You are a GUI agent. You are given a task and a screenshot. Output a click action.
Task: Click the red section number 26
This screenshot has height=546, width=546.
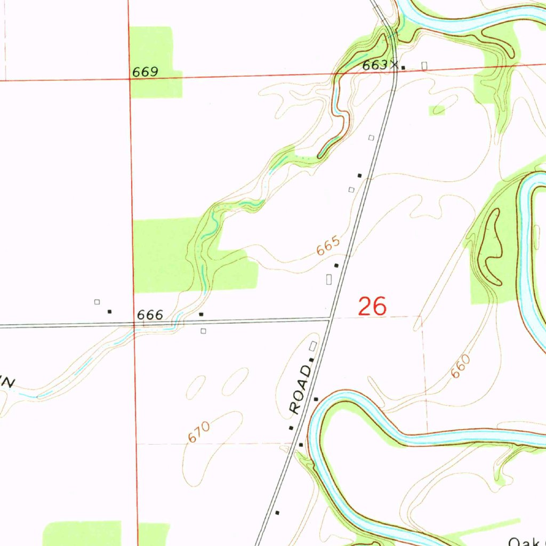372,307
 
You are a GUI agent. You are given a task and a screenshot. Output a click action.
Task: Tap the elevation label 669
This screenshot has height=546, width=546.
145,72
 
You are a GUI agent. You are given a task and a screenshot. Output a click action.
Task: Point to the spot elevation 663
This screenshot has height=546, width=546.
374,65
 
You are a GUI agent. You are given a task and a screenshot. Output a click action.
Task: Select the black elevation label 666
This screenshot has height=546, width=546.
150,315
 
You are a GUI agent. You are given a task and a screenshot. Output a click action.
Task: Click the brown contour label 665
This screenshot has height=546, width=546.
328,247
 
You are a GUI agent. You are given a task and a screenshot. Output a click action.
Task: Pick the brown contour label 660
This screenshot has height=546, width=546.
461,367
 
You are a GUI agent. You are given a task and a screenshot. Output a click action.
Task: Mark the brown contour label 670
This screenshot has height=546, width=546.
199,431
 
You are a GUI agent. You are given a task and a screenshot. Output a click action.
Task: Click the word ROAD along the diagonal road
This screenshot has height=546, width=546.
301,389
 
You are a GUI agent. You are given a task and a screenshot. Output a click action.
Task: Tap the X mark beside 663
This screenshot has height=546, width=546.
394,65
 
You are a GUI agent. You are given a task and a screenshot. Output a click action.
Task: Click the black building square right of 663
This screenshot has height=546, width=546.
403,68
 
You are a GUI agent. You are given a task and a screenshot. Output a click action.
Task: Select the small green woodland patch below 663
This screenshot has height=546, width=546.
437,110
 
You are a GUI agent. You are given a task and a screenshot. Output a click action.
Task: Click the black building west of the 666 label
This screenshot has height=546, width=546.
110,311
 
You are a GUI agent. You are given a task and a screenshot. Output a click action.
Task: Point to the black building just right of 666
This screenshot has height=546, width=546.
201,315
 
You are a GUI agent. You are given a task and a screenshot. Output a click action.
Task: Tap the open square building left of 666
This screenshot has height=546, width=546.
97,302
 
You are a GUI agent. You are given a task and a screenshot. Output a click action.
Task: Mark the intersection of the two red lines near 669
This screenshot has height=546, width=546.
130,79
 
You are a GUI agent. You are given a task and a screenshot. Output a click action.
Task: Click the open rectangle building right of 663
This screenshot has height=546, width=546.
424,66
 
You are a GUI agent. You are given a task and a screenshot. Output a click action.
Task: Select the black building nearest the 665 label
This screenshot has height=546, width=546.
336,265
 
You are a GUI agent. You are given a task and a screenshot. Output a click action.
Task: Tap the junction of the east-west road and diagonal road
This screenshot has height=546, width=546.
331,318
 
